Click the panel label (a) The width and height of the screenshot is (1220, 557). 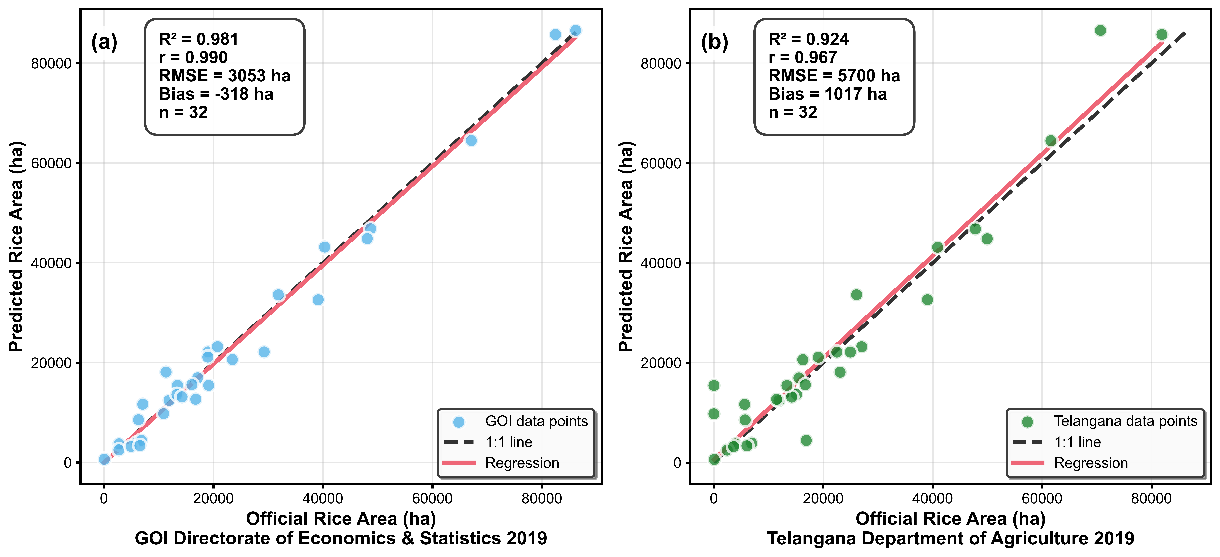click(x=104, y=42)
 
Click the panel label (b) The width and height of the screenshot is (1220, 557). click(x=714, y=42)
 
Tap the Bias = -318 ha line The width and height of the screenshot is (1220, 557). click(x=216, y=94)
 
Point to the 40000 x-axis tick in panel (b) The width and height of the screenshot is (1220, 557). click(x=932, y=498)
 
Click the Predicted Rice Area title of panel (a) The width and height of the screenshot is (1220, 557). click(x=16, y=246)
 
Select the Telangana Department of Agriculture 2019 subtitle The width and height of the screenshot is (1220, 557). click(x=951, y=539)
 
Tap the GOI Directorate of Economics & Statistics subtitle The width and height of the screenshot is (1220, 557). click(x=341, y=539)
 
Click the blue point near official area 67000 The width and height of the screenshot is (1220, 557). click(x=471, y=141)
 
